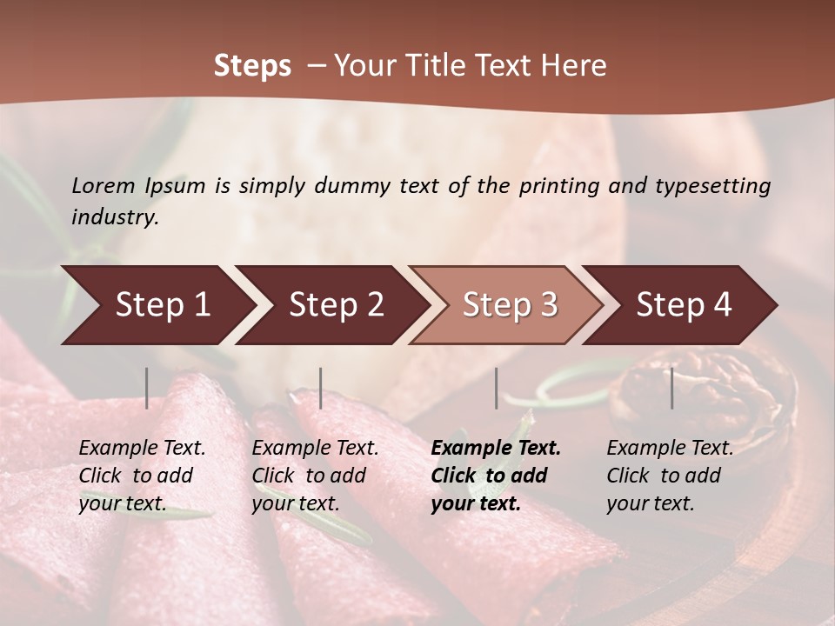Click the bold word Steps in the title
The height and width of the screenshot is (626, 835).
click(252, 66)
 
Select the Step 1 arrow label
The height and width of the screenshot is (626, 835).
click(163, 304)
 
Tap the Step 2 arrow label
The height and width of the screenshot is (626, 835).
click(337, 304)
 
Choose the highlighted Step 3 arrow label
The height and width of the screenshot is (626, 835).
click(510, 304)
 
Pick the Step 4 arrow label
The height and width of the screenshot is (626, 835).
click(684, 304)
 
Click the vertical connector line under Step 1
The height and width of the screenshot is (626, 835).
click(147, 388)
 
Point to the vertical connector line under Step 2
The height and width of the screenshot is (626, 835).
click(321, 388)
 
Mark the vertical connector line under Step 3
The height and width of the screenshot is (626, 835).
click(496, 388)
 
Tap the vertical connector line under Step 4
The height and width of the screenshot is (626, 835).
click(671, 388)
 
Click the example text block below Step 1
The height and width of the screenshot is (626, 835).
click(142, 476)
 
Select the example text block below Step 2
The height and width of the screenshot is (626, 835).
click(315, 476)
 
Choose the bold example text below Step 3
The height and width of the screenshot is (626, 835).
click(496, 476)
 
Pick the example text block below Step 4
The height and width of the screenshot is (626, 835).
click(670, 476)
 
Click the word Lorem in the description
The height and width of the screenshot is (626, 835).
click(104, 185)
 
